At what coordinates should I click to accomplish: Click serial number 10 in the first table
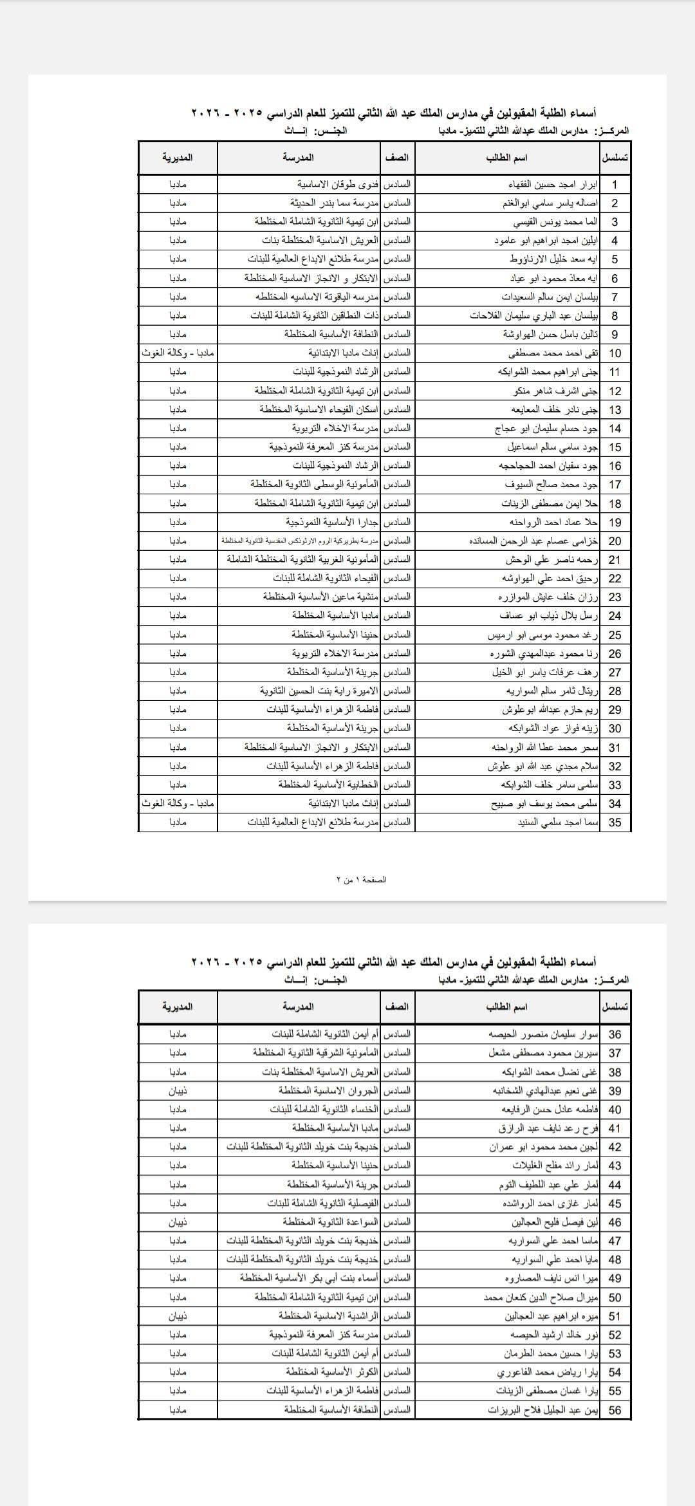click(x=615, y=353)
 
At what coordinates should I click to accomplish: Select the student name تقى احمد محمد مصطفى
click(x=553, y=353)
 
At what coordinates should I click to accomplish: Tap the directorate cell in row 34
click(x=178, y=804)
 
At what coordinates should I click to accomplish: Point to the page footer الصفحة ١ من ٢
click(x=362, y=879)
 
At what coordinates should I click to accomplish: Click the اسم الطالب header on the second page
click(x=507, y=1007)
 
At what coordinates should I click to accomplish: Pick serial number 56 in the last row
click(x=615, y=1410)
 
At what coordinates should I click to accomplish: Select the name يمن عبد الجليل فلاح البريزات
click(x=542, y=1410)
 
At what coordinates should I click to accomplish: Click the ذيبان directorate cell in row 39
click(x=178, y=1091)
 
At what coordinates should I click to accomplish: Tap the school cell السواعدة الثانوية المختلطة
click(x=330, y=1222)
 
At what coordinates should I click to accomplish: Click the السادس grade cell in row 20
click(x=397, y=541)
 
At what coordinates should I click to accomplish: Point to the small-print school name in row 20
click(x=301, y=541)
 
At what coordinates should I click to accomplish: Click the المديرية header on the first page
click(x=178, y=157)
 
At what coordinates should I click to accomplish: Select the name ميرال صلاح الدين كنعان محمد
click(x=541, y=1298)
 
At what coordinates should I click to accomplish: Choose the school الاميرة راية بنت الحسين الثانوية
click(x=319, y=691)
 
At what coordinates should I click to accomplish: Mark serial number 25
click(x=615, y=635)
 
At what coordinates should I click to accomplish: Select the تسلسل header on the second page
click(x=615, y=1007)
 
